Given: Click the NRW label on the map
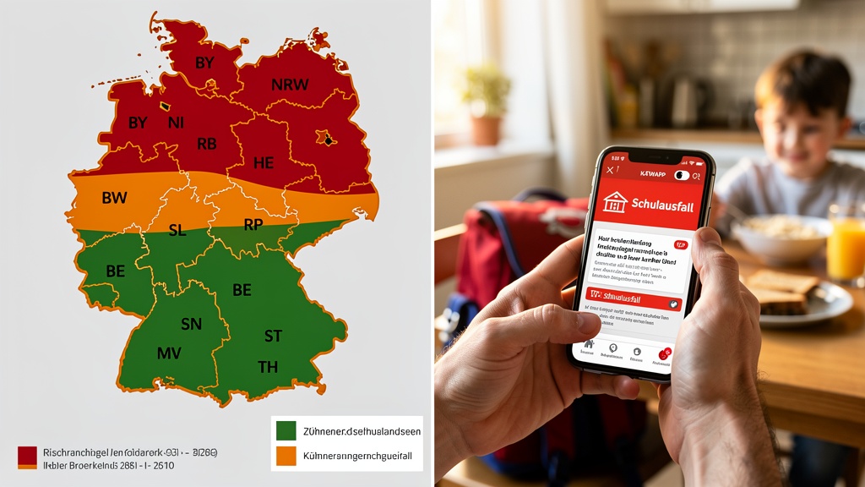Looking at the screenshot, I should click(290, 85).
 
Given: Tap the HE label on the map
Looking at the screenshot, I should click(264, 161).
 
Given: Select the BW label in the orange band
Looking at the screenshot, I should click(114, 199).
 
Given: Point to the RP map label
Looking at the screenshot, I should click(253, 225).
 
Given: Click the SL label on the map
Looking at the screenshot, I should click(177, 230).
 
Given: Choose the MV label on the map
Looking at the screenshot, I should click(169, 353).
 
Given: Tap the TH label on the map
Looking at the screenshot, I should click(268, 366).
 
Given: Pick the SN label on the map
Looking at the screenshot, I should click(192, 324).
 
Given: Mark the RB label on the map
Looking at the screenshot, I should click(207, 144).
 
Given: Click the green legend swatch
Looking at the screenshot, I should click(286, 430).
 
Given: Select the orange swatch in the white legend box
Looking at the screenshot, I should click(286, 456).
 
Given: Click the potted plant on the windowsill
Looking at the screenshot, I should click(486, 102).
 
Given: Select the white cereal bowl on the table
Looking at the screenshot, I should click(781, 237).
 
